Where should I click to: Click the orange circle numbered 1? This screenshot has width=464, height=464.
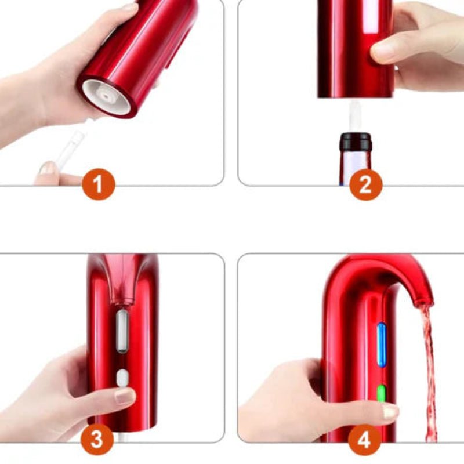(x=98, y=186)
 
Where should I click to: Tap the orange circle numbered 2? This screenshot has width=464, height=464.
(x=365, y=185)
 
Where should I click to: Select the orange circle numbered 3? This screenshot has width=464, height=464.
(x=97, y=439)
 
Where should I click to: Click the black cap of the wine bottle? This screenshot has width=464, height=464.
(x=355, y=142)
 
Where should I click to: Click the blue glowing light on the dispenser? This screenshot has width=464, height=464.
(x=381, y=345)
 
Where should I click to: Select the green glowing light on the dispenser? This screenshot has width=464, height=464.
(x=381, y=395)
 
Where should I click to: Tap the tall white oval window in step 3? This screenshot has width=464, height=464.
(x=122, y=331)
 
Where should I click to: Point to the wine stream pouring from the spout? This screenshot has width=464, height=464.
(x=428, y=371)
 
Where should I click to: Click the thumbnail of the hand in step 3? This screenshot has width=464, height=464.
(x=124, y=396)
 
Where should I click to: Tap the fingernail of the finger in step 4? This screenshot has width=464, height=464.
(x=390, y=412)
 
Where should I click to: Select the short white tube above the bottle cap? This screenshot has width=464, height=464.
(x=355, y=116)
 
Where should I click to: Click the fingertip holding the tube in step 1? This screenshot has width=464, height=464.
(x=48, y=169)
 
